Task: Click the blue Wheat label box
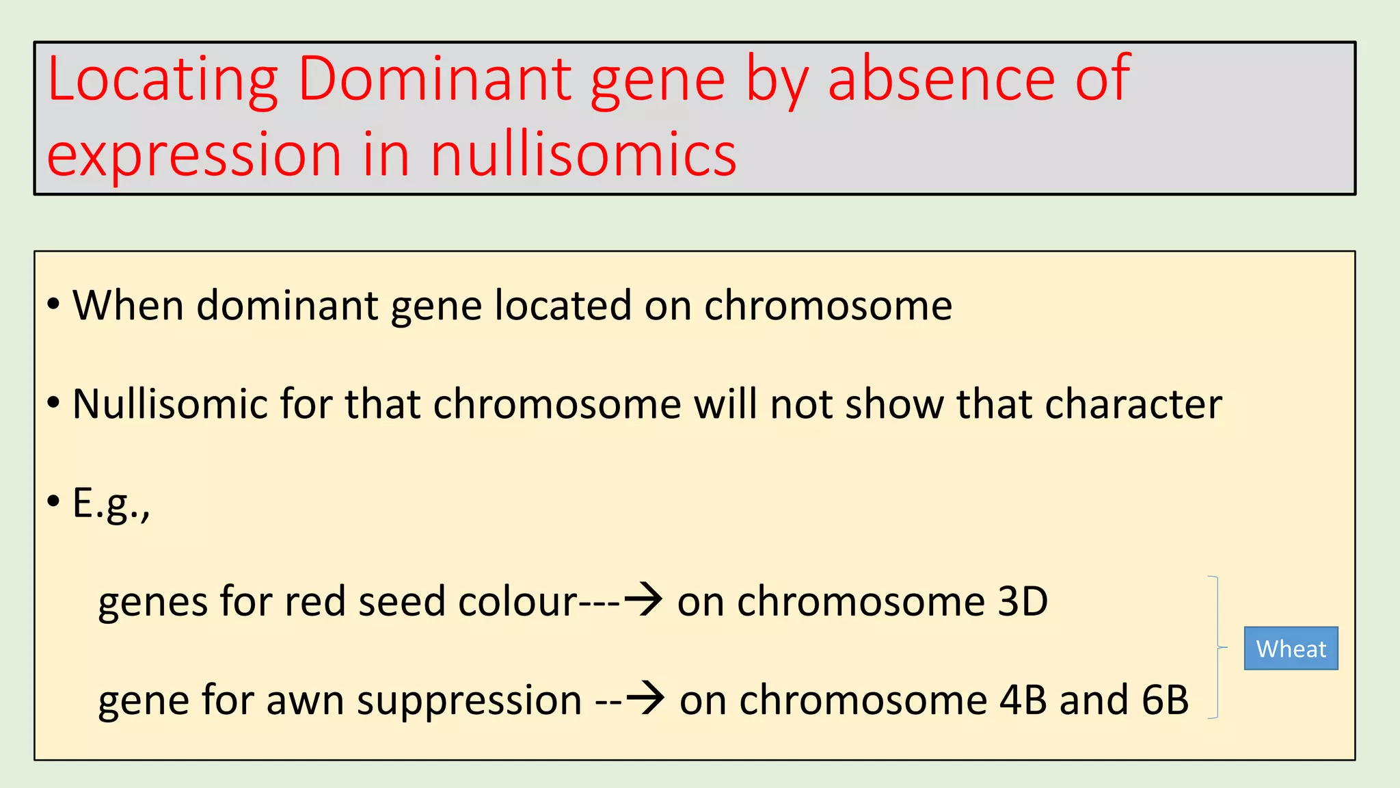pos(1291,648)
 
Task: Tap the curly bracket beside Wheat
pos(1217,647)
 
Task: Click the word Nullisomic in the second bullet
pos(170,404)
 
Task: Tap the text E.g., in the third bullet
pos(111,505)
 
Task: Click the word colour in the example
pos(518,602)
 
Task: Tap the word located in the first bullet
pos(563,305)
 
